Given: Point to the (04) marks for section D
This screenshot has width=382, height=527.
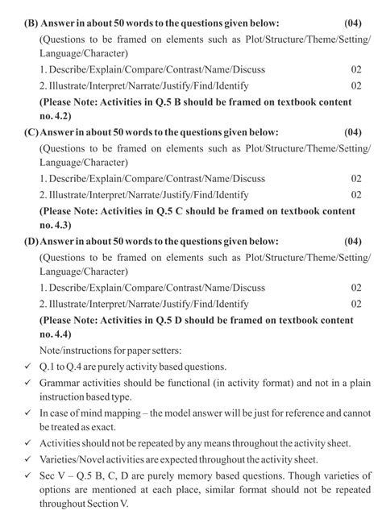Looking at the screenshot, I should click(x=353, y=240).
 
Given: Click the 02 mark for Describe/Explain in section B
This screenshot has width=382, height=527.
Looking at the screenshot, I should click(x=356, y=69).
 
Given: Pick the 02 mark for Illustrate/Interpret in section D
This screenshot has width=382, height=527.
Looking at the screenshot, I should click(x=356, y=303).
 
